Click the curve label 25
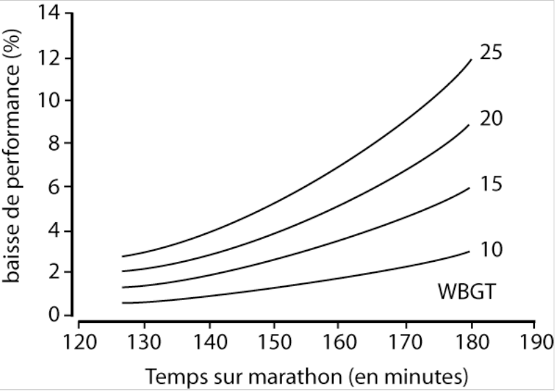(x=491, y=52)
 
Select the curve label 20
(x=491, y=119)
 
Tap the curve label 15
(x=491, y=184)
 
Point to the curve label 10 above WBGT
(x=491, y=249)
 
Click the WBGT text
(x=467, y=292)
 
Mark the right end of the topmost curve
(x=472, y=60)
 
